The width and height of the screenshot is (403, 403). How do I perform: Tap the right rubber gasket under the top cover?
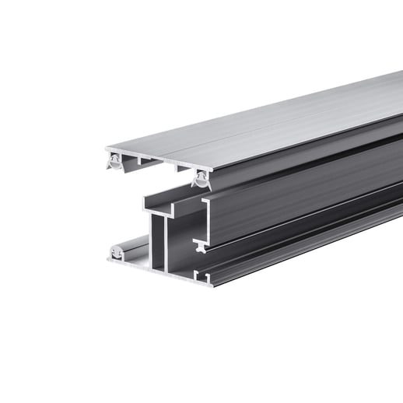201,180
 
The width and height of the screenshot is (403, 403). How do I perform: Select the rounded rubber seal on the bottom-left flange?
117,252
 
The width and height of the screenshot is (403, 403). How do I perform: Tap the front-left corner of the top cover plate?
106,149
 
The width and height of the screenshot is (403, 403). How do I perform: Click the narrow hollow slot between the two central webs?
159,249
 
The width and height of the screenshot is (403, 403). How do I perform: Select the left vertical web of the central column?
152,245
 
